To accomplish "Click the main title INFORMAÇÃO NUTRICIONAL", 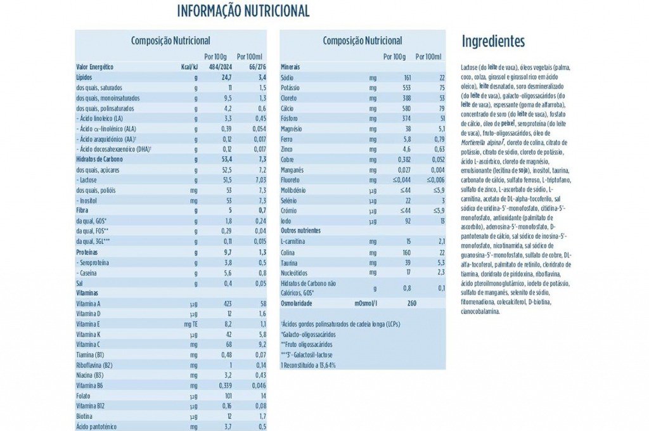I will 243,11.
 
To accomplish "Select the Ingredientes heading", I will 493,42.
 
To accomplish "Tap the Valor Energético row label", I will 94,67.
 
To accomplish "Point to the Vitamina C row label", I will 91,344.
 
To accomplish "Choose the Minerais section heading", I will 290,67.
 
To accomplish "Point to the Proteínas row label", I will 89,252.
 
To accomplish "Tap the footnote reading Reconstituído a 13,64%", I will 308,365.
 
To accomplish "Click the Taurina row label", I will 289,262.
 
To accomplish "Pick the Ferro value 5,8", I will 389,139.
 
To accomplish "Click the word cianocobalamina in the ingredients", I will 482,311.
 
